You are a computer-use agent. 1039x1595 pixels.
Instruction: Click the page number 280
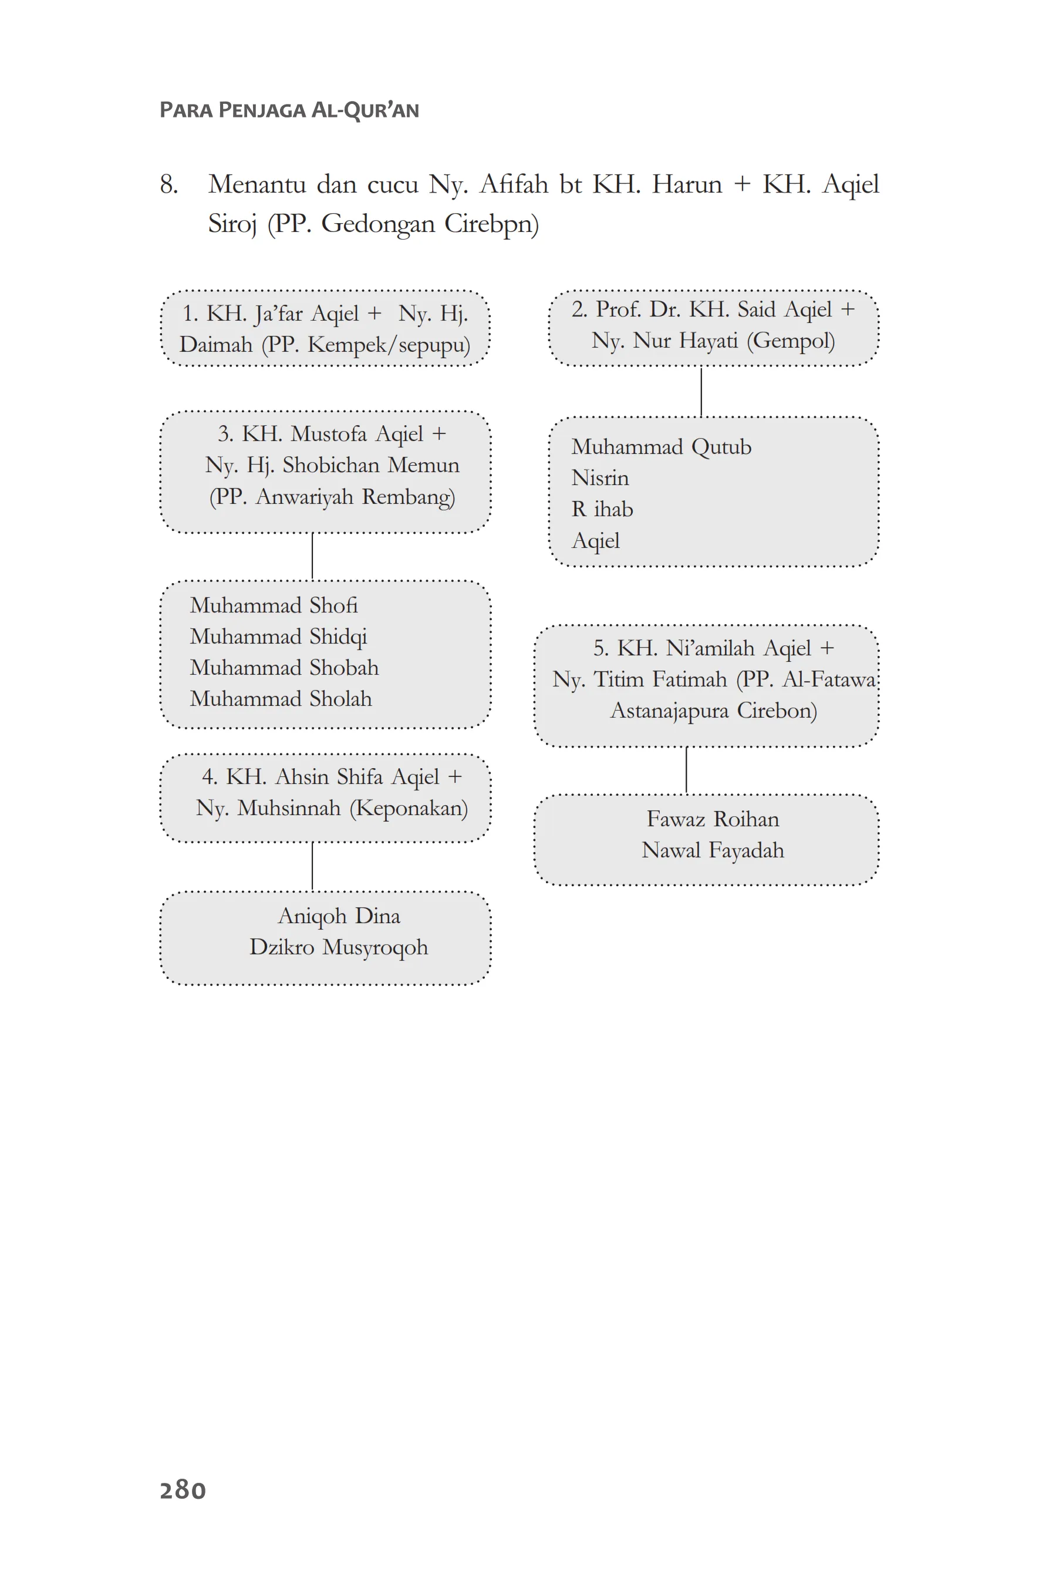click(x=182, y=1489)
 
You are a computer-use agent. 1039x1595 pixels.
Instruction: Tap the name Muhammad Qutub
click(x=660, y=446)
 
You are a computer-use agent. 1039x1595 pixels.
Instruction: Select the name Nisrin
click(x=599, y=478)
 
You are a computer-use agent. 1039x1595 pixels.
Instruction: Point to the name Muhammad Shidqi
click(x=278, y=636)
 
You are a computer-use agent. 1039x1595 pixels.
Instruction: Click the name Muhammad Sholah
click(x=280, y=698)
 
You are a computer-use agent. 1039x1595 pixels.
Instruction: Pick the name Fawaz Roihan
click(x=712, y=819)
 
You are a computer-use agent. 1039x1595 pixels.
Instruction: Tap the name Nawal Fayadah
click(x=712, y=850)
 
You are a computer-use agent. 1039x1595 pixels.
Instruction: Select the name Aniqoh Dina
click(x=339, y=916)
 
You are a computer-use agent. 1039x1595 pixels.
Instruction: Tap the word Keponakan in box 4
click(x=409, y=807)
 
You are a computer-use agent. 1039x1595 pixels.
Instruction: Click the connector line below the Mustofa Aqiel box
click(x=312, y=556)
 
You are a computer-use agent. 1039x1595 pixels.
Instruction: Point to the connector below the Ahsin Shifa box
click(x=312, y=866)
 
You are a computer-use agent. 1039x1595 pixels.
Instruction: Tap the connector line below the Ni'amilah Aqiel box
click(x=686, y=770)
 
